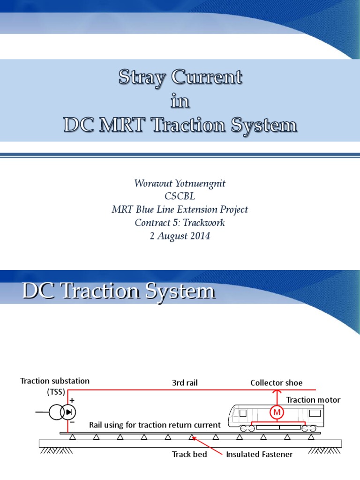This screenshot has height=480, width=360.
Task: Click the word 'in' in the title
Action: (180, 101)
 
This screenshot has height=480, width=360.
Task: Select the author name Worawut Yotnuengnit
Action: (180, 183)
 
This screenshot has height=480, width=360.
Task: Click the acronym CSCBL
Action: (180, 196)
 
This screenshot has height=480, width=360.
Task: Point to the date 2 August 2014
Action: (180, 236)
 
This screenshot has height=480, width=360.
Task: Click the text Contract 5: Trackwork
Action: (180, 223)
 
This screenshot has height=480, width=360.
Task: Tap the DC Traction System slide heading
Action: (118, 292)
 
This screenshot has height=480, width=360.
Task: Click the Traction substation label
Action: (55, 381)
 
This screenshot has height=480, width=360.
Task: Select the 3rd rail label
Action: (185, 383)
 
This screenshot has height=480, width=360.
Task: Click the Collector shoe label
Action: (276, 383)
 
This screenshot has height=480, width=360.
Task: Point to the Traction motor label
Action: (313, 400)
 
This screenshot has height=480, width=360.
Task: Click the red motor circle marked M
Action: (277, 412)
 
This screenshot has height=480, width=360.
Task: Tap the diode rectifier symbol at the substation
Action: (69, 412)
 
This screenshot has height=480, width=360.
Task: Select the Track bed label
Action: (189, 454)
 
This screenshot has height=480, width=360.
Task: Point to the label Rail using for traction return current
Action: (155, 425)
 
